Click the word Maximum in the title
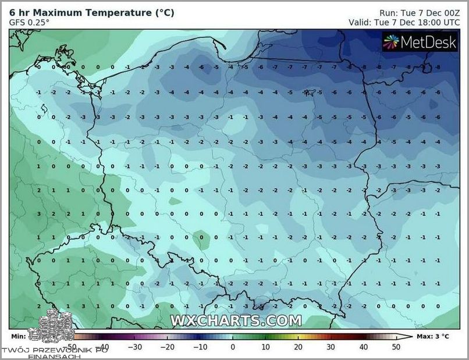click(x=62, y=12)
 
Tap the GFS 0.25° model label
click(x=29, y=22)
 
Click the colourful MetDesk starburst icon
click(x=391, y=41)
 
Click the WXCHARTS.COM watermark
click(x=236, y=320)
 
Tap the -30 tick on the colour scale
click(x=135, y=347)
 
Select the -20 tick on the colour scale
click(x=168, y=347)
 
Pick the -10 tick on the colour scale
click(x=200, y=347)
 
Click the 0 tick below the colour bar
click(x=233, y=347)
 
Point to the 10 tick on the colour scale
click(x=265, y=347)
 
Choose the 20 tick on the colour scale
click(x=298, y=347)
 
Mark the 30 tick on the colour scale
click(x=331, y=347)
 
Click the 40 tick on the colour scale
click(x=363, y=347)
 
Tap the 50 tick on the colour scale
click(x=396, y=347)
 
